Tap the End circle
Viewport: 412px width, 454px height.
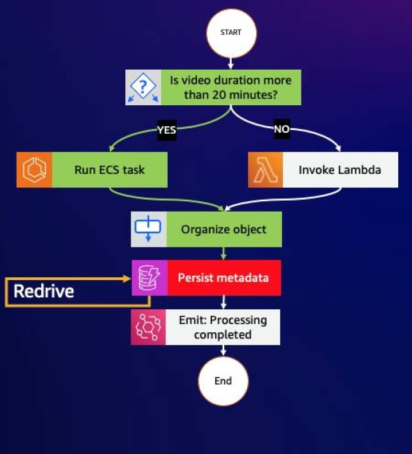point(223,381)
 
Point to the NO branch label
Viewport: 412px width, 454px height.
point(282,130)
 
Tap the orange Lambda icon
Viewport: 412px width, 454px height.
point(265,170)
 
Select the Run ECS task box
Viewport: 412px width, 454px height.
point(109,170)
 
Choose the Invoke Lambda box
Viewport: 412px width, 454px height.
point(340,170)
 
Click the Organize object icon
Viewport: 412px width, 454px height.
point(149,229)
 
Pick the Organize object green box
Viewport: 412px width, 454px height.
point(224,229)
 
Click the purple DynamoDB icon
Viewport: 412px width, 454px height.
point(149,278)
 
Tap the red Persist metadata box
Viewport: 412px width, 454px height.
point(223,278)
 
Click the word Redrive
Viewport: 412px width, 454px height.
point(44,292)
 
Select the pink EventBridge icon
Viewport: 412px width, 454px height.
point(148,327)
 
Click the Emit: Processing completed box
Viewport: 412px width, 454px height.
point(223,327)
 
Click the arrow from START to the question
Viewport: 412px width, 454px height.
point(231,62)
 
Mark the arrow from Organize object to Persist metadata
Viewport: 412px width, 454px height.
point(223,253)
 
